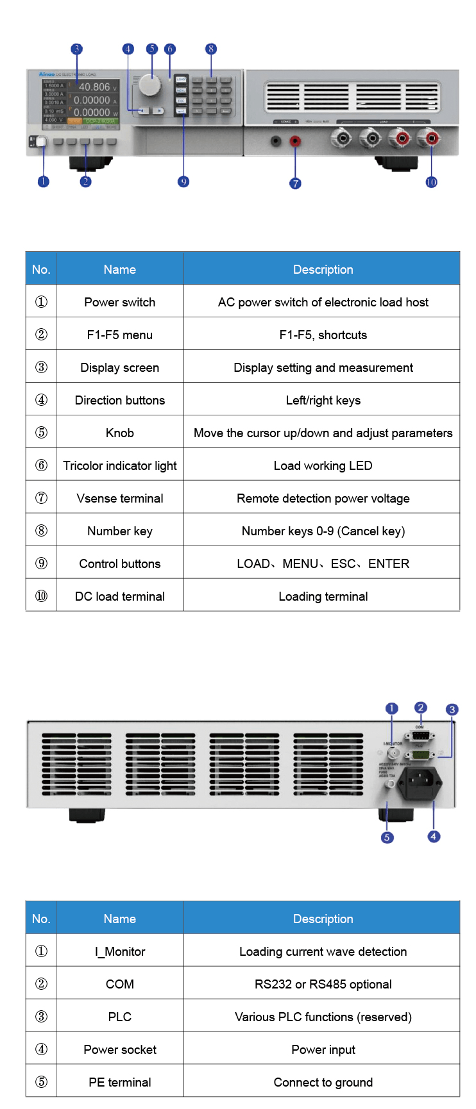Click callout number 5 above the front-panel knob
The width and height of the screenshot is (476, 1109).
pyautogui.click(x=151, y=49)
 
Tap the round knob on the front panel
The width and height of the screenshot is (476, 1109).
pyautogui.click(x=150, y=85)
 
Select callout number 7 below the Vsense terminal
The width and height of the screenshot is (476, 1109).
pyautogui.click(x=295, y=183)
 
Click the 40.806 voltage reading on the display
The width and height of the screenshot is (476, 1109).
pyautogui.click(x=94, y=87)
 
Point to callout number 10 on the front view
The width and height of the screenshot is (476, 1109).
pyautogui.click(x=431, y=182)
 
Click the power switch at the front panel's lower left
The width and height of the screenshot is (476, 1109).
pyautogui.click(x=38, y=142)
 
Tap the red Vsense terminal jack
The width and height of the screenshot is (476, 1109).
pyautogui.click(x=295, y=140)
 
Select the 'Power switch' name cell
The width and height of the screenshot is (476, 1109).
pyautogui.click(x=120, y=302)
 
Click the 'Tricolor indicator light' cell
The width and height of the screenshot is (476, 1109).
pyautogui.click(x=120, y=465)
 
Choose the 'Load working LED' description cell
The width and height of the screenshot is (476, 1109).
pyautogui.click(x=323, y=465)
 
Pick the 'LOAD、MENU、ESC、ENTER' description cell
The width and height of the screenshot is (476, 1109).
pyautogui.click(x=323, y=563)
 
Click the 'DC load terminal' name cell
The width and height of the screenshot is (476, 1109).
pyautogui.click(x=120, y=596)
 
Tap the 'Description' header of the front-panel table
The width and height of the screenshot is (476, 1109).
pyautogui.click(x=323, y=269)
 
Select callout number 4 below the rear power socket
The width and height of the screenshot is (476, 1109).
pyautogui.click(x=434, y=836)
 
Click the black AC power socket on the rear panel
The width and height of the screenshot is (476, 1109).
pyautogui.click(x=420, y=783)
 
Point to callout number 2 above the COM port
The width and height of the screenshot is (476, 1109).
pyautogui.click(x=420, y=708)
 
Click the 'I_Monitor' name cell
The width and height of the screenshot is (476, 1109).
pyautogui.click(x=120, y=951)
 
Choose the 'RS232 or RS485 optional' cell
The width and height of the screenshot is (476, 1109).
pyautogui.click(x=323, y=984)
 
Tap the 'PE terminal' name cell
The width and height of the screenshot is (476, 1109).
pyautogui.click(x=120, y=1082)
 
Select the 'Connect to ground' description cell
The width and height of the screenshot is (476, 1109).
pyautogui.click(x=323, y=1082)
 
